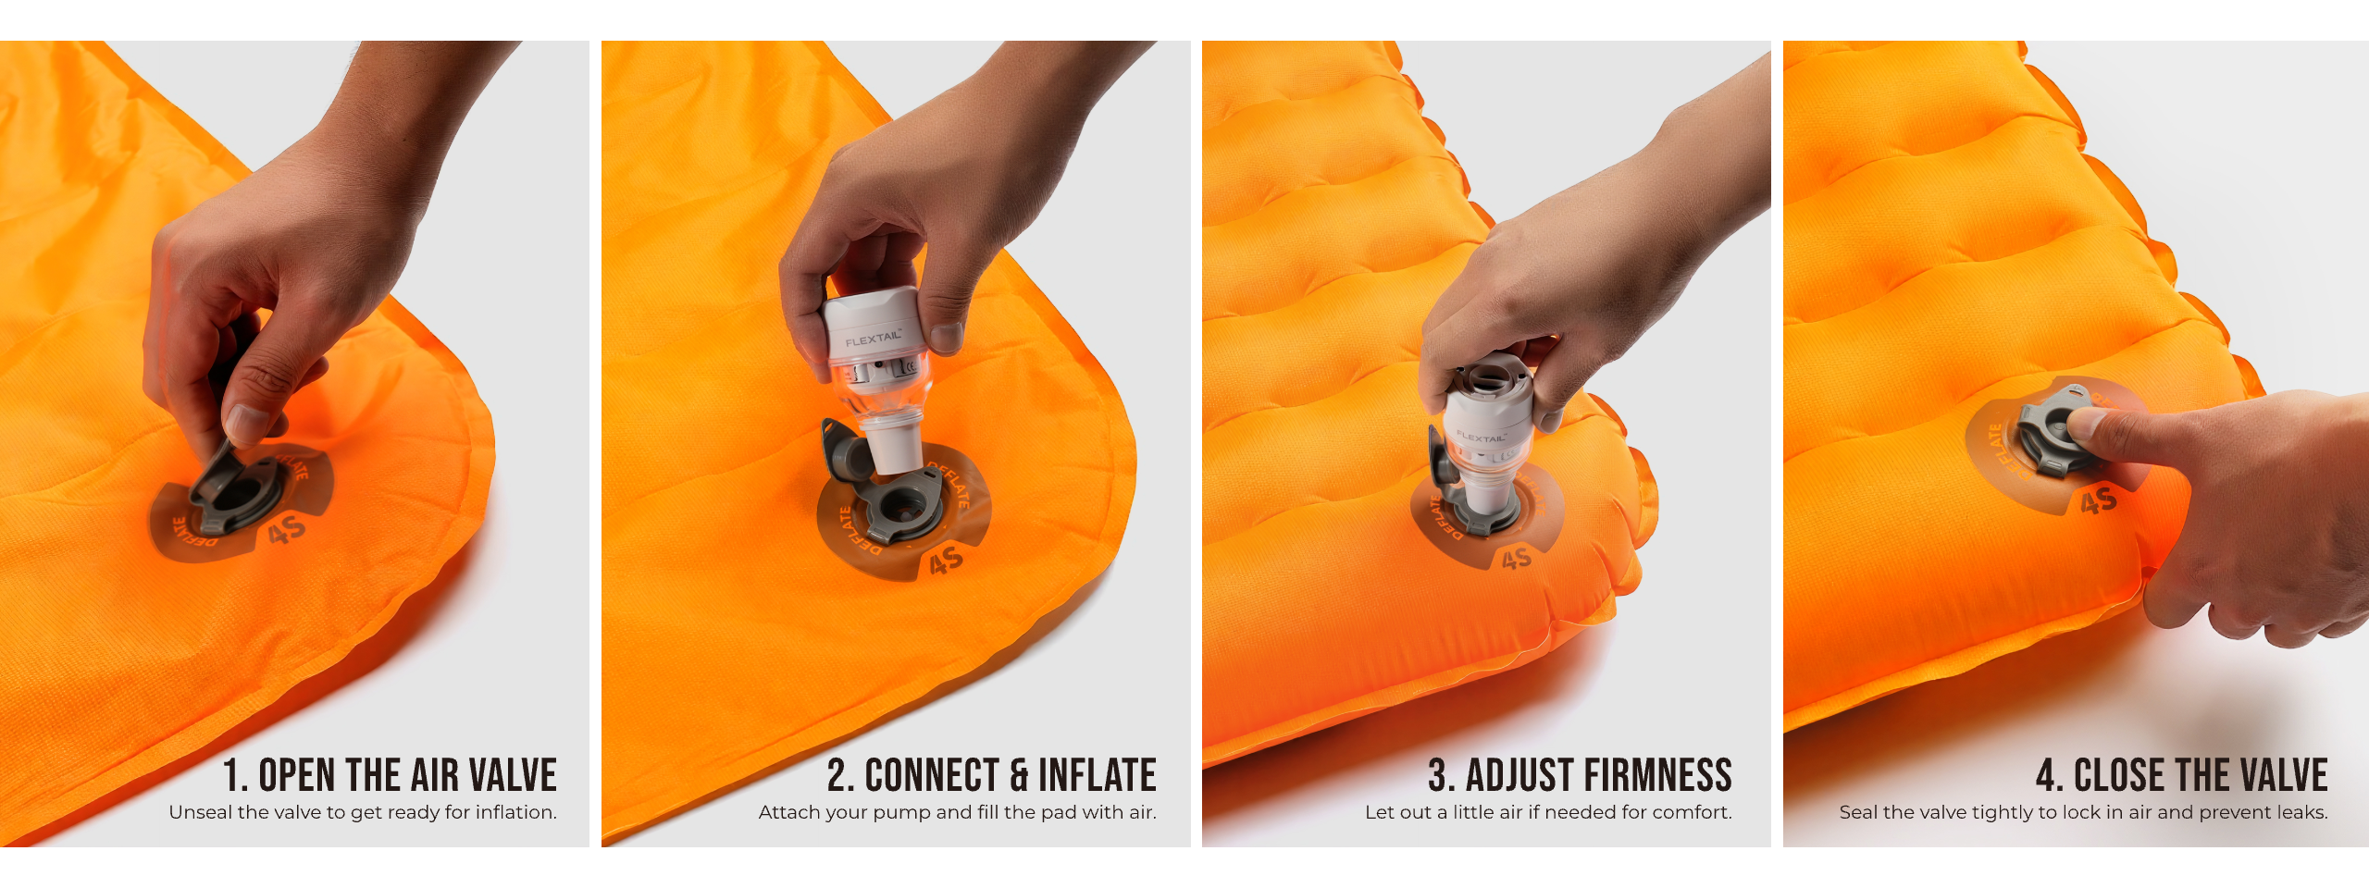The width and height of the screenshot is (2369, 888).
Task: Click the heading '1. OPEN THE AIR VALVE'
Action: [390, 775]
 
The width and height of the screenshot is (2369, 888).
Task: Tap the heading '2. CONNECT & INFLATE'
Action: [992, 775]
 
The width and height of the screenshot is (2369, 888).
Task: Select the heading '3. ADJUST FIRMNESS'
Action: [1580, 775]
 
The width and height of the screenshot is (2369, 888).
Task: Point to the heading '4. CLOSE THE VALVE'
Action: [2182, 775]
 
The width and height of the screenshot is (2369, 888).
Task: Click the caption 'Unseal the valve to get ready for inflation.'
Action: [363, 812]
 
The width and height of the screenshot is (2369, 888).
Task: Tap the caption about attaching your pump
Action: [958, 812]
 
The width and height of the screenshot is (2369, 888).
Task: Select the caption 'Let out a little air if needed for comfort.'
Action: [1548, 812]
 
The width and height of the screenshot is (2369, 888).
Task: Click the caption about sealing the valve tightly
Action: [2084, 812]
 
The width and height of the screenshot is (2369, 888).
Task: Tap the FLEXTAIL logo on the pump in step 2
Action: [873, 339]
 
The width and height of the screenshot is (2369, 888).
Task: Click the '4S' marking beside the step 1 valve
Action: [286, 531]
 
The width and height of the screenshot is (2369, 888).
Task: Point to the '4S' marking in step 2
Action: [946, 561]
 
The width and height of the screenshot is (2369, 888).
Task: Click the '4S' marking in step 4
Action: [2098, 501]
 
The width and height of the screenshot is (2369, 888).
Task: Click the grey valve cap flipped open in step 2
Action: [845, 450]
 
